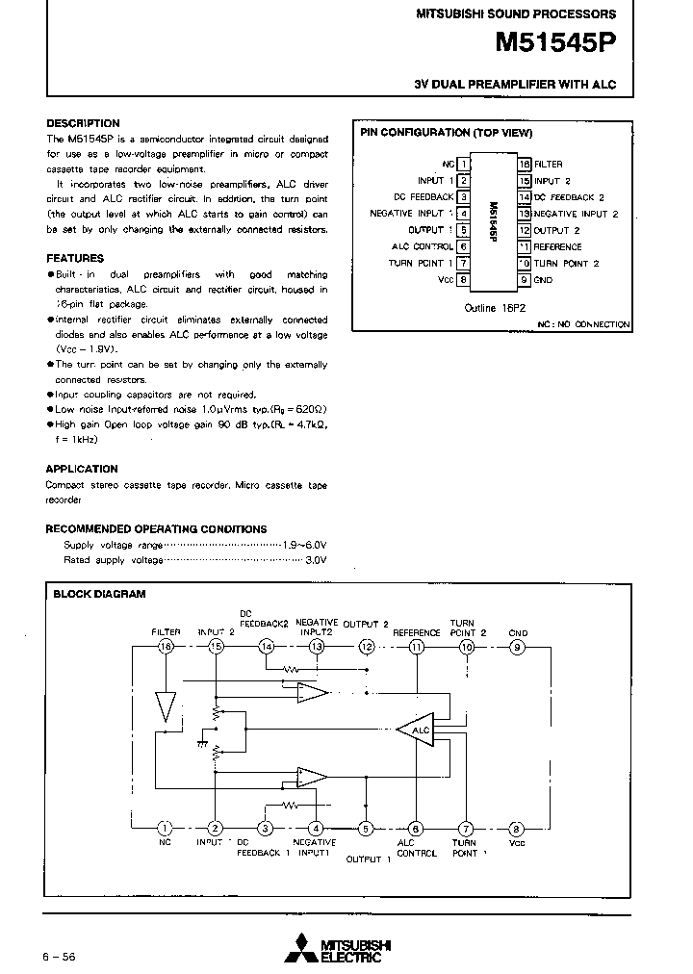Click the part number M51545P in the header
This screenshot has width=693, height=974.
click(x=555, y=42)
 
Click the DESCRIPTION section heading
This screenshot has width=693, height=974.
click(x=84, y=123)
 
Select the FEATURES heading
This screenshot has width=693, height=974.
click(x=75, y=258)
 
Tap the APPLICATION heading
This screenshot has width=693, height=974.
click(x=82, y=469)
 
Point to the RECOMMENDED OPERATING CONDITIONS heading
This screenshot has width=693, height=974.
click(x=157, y=529)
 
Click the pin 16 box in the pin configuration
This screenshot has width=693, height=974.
click(x=525, y=165)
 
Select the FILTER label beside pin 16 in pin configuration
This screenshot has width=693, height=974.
click(x=549, y=165)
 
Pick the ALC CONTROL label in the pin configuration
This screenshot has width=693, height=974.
click(x=421, y=246)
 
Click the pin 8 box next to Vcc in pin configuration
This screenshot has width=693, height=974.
click(x=463, y=279)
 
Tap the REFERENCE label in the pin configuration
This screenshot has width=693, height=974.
click(x=558, y=246)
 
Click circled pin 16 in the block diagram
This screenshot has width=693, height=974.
click(x=166, y=648)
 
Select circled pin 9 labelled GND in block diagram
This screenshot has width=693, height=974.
click(x=518, y=648)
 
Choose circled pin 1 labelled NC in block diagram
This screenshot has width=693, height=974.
click(x=165, y=829)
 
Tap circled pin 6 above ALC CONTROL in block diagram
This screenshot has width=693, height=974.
click(x=416, y=829)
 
